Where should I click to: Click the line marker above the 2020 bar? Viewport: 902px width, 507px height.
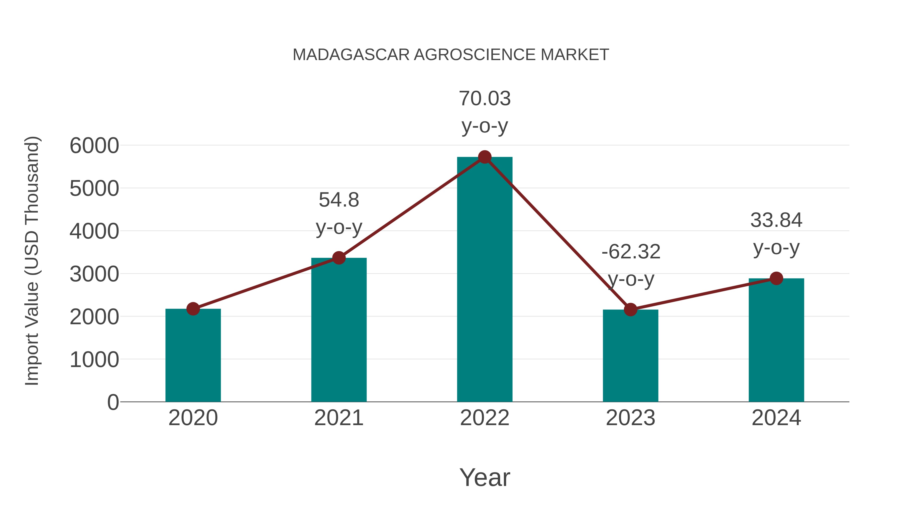click(x=193, y=309)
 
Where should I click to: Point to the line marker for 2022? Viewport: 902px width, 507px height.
click(x=485, y=157)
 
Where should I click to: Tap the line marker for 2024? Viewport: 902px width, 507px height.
click(x=776, y=278)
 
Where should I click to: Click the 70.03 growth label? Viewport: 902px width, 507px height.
click(x=485, y=99)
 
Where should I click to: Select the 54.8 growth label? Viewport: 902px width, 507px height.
click(x=339, y=200)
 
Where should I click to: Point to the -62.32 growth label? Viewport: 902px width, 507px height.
click(x=631, y=252)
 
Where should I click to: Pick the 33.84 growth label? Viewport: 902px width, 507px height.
click(x=776, y=220)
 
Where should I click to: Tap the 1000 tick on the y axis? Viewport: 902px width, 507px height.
click(x=94, y=360)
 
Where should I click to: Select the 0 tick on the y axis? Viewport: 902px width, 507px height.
click(x=113, y=402)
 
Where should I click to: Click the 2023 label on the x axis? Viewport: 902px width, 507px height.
click(x=630, y=418)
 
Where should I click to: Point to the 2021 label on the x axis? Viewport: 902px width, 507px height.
click(x=339, y=418)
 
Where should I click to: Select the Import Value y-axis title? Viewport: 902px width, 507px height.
click(x=32, y=261)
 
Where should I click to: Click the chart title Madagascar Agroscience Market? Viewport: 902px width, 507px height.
click(x=451, y=55)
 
